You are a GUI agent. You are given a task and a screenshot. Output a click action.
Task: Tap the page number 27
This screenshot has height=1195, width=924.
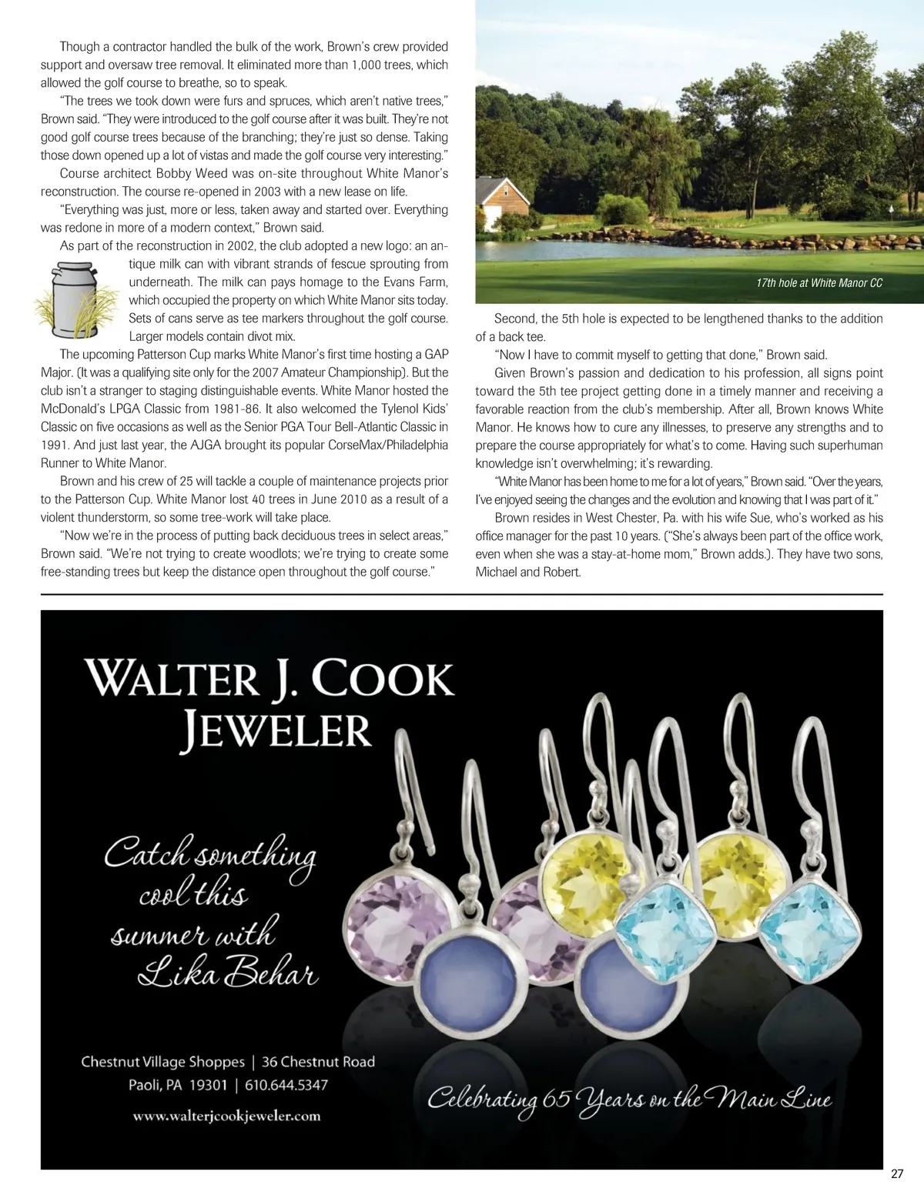[x=896, y=1174]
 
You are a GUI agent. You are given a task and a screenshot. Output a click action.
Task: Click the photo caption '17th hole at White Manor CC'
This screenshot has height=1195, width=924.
[x=819, y=283]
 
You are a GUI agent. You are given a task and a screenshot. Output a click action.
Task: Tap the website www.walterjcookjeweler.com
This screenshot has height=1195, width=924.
[x=226, y=1116]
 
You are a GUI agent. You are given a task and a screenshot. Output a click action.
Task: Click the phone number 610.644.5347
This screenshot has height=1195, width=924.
[x=286, y=1085]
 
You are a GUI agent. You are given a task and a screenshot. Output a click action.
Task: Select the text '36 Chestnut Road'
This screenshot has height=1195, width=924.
[x=318, y=1062]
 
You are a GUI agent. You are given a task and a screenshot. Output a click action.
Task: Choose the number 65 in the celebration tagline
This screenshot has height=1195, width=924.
[x=556, y=1098]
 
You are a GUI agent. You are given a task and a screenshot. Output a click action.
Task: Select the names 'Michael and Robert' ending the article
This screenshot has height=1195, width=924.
[x=527, y=572]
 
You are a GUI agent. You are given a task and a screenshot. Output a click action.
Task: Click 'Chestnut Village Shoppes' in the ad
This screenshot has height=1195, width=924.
[x=162, y=1062]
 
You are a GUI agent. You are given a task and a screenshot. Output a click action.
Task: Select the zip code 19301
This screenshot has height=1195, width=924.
[x=208, y=1085]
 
